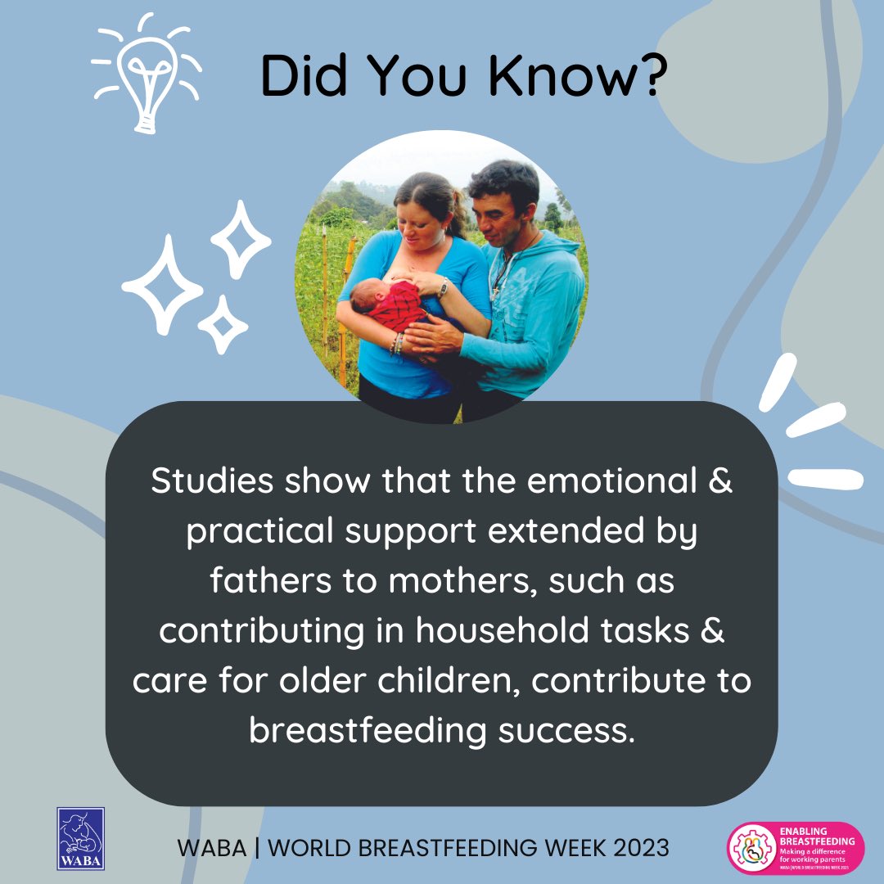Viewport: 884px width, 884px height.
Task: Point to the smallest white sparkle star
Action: click(221, 325)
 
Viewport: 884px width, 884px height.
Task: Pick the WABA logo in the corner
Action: click(80, 838)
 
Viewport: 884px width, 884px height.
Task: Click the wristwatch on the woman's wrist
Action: click(443, 288)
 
